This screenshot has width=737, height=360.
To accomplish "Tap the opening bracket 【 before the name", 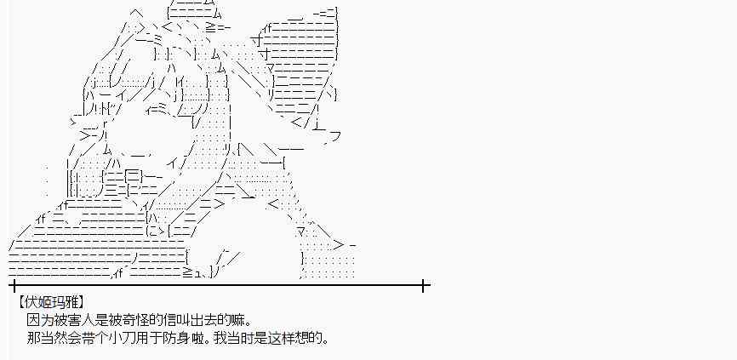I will coord(18,302).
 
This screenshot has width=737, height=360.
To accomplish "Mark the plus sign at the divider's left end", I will coord(13,286).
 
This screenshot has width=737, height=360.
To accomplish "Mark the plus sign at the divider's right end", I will coord(424,286).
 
